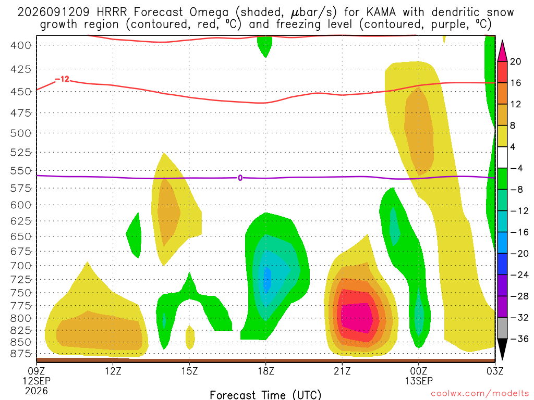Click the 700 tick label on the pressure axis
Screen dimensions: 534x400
click(21, 265)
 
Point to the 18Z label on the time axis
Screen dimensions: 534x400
click(266, 371)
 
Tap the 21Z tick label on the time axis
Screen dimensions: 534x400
click(342, 371)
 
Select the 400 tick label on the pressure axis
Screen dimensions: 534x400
click(21, 45)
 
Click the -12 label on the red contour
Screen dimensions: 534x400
click(62, 79)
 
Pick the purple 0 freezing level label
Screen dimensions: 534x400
click(240, 178)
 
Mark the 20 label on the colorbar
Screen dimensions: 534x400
click(515, 61)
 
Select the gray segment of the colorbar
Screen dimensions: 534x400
click(502, 328)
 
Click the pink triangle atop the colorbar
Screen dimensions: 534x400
click(502, 51)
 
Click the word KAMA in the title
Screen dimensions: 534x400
click(381, 12)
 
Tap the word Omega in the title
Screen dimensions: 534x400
click(209, 12)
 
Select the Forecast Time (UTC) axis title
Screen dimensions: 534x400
click(265, 395)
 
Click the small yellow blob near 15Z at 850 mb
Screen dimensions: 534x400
click(190, 337)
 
